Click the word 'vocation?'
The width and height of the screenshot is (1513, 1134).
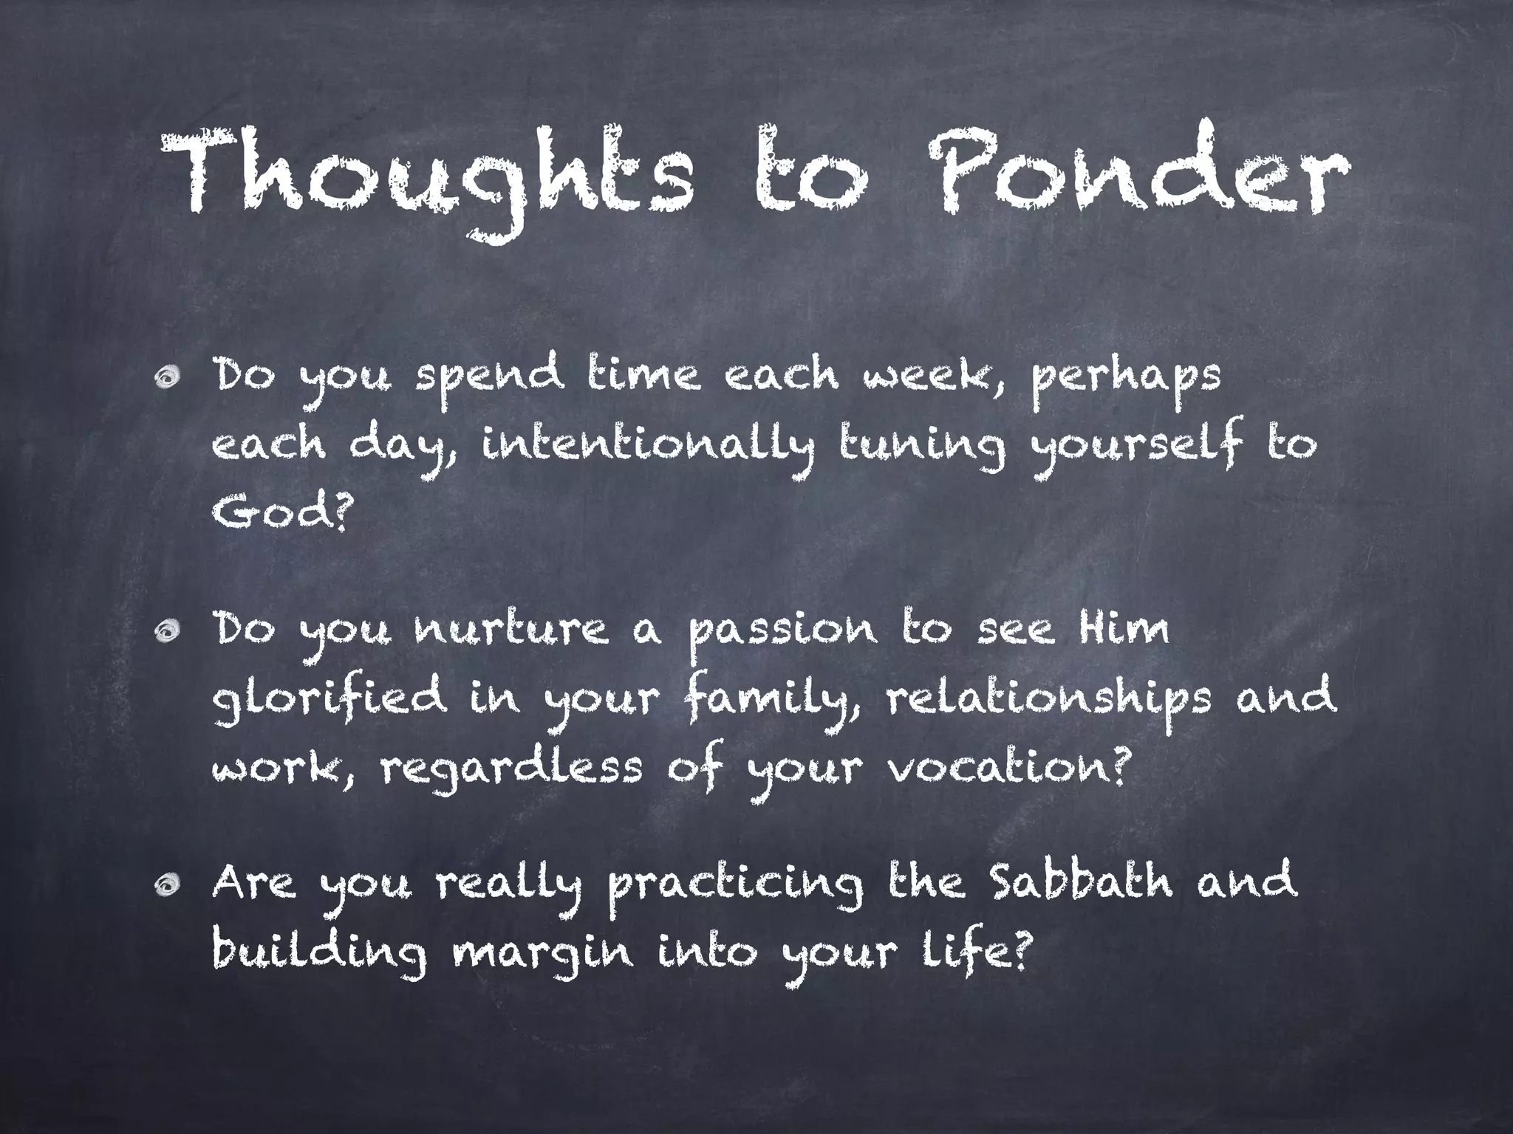coord(1008,765)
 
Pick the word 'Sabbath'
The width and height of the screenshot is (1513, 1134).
coord(1079,882)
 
